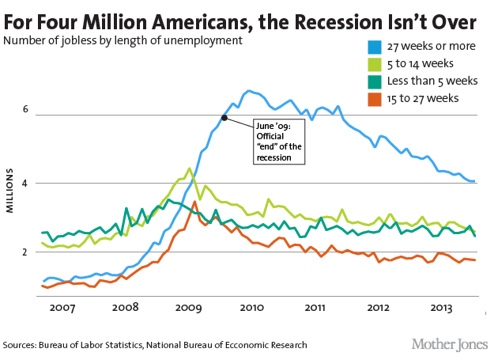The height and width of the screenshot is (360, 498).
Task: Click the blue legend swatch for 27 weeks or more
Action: (368, 46)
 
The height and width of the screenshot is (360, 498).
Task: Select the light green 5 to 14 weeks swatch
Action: (368, 63)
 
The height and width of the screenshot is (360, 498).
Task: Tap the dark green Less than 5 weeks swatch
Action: (368, 81)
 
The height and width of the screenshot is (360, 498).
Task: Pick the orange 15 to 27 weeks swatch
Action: (368, 98)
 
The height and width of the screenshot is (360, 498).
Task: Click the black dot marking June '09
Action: (224, 118)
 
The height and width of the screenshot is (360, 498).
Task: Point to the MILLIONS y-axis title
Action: (12, 190)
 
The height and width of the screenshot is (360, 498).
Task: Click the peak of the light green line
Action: (188, 168)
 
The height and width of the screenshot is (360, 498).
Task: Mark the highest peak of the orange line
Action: (194, 202)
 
